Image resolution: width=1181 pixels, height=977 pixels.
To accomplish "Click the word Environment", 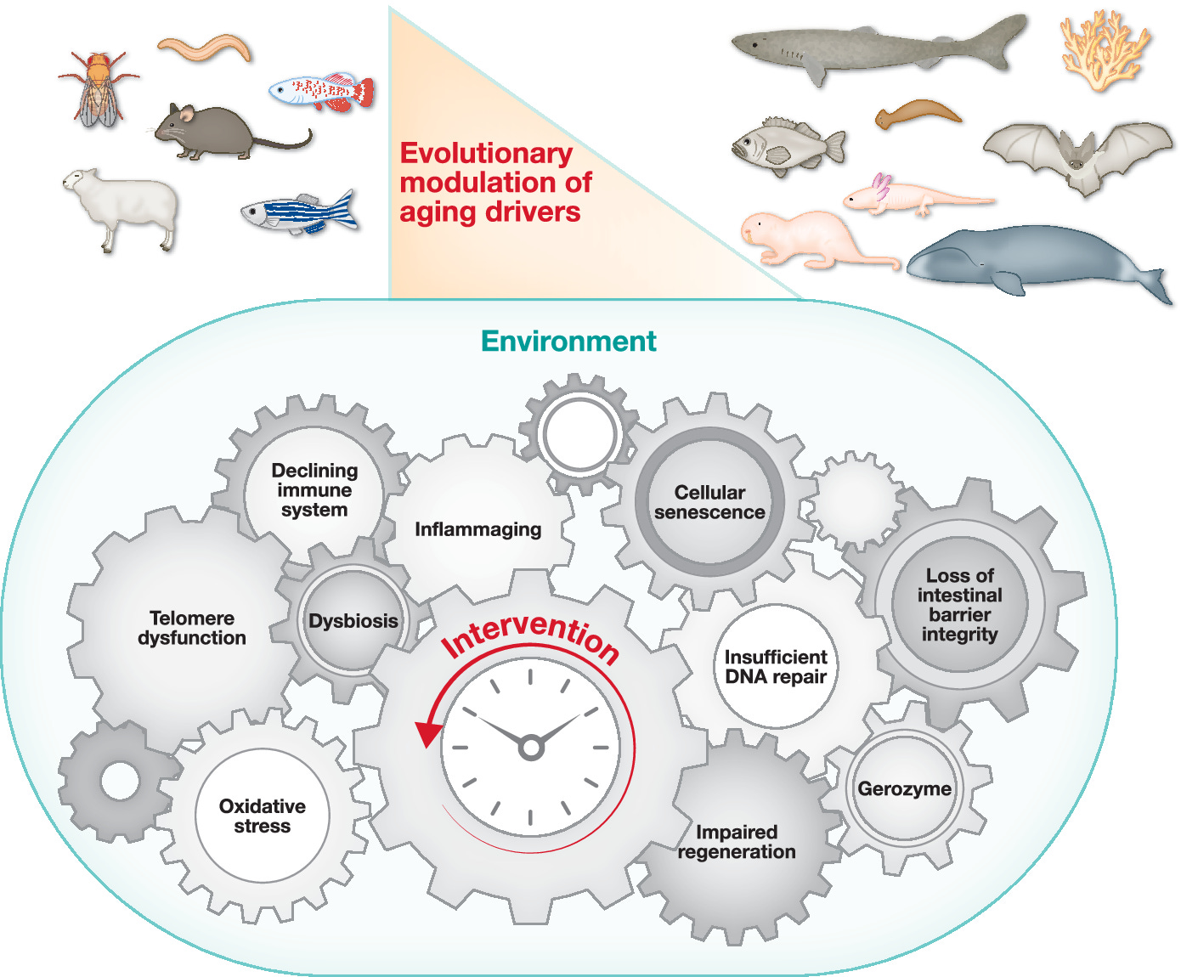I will [x=568, y=341].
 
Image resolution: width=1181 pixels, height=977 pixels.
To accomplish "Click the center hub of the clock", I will [x=531, y=748].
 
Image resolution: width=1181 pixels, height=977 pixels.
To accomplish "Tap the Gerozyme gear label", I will [x=904, y=788].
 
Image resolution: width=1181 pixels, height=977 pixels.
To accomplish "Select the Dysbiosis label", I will [x=353, y=621].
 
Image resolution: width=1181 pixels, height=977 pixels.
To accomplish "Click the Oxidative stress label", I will [x=263, y=816].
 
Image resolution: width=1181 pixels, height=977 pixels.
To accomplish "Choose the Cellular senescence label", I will [x=709, y=502].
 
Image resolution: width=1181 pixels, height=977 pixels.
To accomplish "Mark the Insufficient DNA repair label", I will [x=776, y=667].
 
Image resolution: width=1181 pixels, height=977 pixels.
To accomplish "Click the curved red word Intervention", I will [x=531, y=635].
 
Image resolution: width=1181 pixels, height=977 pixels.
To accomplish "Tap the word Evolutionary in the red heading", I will [x=486, y=153].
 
